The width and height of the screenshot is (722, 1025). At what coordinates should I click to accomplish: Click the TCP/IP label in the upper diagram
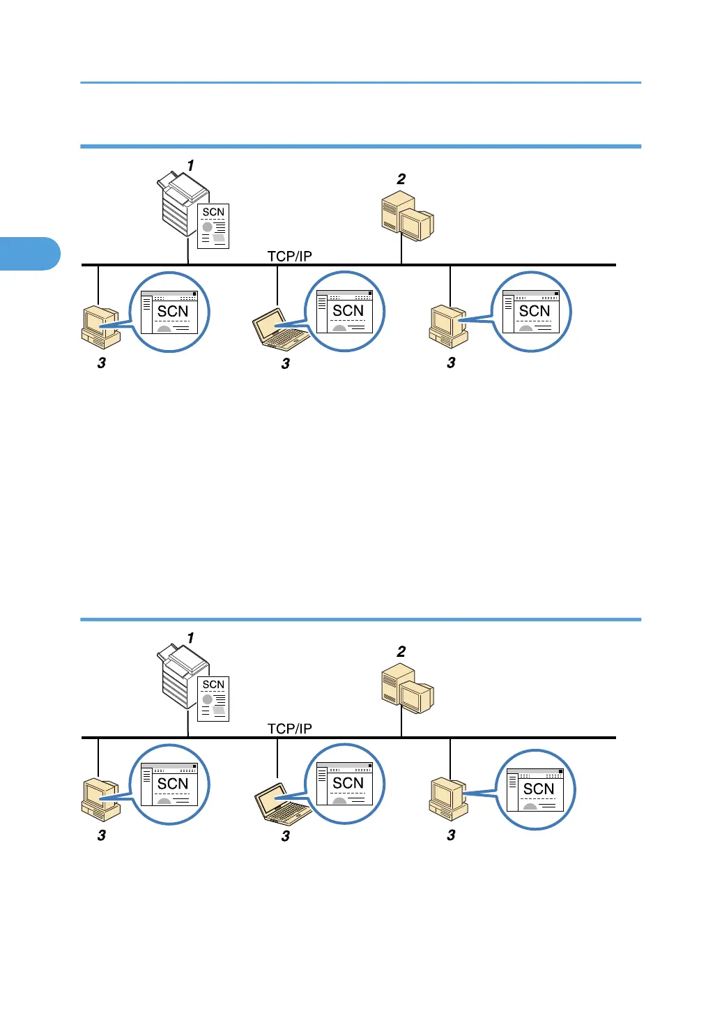coord(289,256)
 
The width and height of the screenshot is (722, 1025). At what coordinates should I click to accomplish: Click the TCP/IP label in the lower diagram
coord(289,729)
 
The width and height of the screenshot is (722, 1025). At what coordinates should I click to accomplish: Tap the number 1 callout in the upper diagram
coord(190,166)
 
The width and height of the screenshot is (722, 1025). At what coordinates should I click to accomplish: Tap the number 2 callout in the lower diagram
coord(401,652)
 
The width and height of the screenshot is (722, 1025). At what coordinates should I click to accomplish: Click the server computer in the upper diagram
coord(407,217)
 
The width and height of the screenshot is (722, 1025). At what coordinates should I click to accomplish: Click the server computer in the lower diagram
coord(407,690)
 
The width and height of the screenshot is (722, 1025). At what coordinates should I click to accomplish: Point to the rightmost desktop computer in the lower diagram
coord(447,799)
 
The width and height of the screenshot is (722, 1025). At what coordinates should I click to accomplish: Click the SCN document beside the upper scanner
coord(213,226)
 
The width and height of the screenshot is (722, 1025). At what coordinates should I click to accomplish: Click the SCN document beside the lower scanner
coord(213,699)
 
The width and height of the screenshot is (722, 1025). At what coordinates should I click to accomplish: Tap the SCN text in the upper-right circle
coord(535,311)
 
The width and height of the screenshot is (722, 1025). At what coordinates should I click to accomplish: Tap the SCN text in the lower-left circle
coord(173,784)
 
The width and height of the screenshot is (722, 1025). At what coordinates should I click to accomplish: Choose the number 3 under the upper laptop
coord(285,364)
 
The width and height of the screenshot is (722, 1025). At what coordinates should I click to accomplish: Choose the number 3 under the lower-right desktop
coord(451,835)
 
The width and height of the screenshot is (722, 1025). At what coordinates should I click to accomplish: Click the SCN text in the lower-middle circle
coord(348,783)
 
